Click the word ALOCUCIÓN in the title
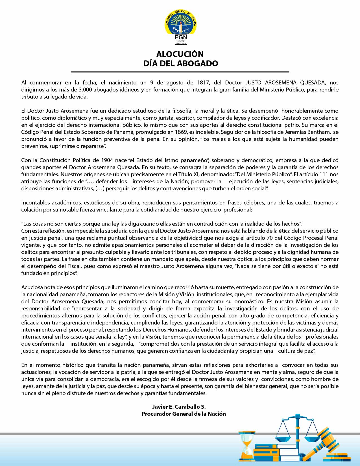point(180,54)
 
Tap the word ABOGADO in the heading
point(199,63)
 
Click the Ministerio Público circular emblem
point(180,22)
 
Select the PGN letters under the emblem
point(181,37)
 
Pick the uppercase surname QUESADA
point(313,82)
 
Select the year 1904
point(107,160)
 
